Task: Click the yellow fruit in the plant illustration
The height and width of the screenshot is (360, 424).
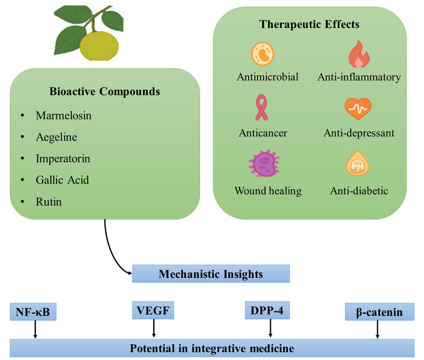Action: [x=99, y=45]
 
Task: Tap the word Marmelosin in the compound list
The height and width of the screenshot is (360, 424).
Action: [x=63, y=116]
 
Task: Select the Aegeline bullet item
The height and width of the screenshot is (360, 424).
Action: [x=56, y=137]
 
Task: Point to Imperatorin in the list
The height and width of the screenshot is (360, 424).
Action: [x=63, y=159]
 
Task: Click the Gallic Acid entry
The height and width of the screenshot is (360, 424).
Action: [x=62, y=180]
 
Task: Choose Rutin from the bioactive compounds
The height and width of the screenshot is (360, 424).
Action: [x=49, y=202]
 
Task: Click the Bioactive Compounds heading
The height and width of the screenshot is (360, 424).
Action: [x=104, y=92]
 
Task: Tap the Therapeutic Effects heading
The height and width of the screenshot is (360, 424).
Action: [x=310, y=24]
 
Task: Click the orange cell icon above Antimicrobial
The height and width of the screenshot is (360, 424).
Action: [x=263, y=54]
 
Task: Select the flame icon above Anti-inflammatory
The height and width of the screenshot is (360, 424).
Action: [x=358, y=54]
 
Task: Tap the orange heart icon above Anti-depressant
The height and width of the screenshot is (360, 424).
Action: [x=358, y=109]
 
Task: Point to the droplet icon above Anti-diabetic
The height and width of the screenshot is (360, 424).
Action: [x=358, y=165]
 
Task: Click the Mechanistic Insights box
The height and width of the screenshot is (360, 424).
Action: [x=211, y=274]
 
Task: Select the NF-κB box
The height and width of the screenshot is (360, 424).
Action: [x=33, y=312]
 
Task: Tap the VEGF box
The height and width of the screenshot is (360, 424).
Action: [x=154, y=310]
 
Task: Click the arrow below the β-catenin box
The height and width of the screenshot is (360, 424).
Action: [x=378, y=330]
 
